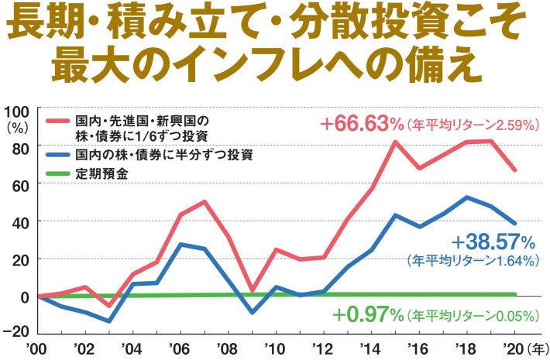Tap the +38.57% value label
493,242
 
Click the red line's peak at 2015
394,142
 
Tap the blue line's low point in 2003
110,321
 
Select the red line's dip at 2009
252,290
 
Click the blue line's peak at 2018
467,197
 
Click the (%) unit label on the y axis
17,124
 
